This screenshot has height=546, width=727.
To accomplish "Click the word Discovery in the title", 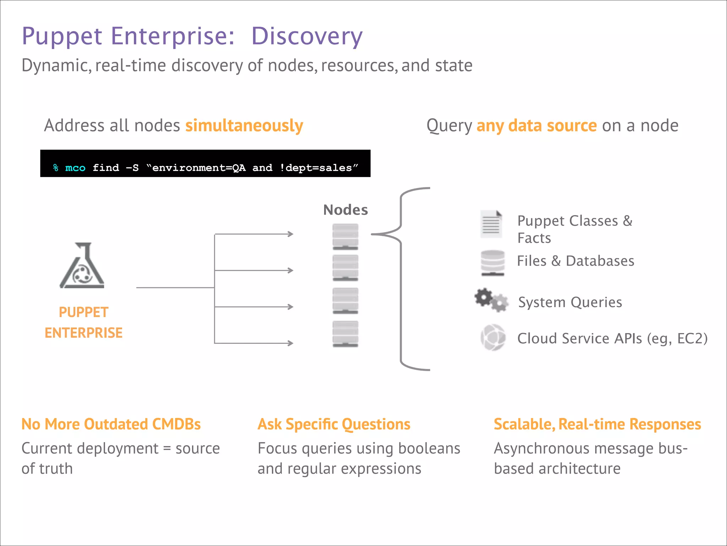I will click(x=307, y=36).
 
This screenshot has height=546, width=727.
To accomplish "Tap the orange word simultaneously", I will click(x=244, y=126).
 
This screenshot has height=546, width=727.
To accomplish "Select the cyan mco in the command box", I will click(x=75, y=168).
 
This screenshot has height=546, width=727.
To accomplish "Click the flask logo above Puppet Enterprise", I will click(x=82, y=266).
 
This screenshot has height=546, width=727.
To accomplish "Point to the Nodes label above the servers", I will click(x=345, y=210).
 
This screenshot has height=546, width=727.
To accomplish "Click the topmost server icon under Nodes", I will click(x=345, y=236).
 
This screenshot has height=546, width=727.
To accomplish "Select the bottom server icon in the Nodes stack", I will click(x=345, y=334).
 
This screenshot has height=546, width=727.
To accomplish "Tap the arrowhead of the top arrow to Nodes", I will click(x=291, y=234).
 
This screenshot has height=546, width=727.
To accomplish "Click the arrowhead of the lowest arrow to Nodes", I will click(x=291, y=343).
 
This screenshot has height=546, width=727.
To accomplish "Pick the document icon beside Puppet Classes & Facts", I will click(x=491, y=224).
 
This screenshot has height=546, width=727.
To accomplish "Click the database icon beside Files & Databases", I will click(x=492, y=263).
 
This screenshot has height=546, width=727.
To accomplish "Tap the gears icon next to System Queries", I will click(x=491, y=300).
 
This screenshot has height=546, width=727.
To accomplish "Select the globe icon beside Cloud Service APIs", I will click(x=493, y=337).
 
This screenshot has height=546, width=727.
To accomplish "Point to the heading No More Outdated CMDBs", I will click(x=111, y=424).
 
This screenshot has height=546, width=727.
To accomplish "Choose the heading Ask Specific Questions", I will click(x=334, y=424).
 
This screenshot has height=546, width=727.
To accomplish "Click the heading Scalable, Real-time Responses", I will click(x=597, y=424).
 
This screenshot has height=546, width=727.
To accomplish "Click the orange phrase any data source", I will click(x=536, y=126).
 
